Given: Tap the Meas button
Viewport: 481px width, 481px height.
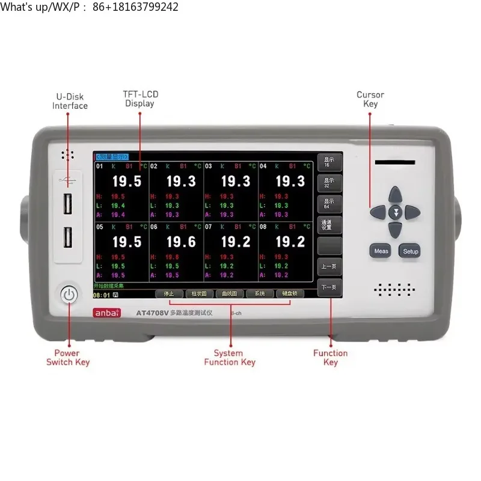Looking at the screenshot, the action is [x=381, y=251].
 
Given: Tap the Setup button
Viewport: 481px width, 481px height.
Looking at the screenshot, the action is [x=410, y=251].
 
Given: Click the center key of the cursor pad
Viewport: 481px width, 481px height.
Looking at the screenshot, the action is [x=395, y=212].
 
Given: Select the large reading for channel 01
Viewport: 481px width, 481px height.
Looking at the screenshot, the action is [x=126, y=182].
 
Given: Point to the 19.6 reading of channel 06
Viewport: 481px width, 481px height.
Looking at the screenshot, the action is [x=181, y=242].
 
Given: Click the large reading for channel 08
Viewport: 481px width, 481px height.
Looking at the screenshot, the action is [x=290, y=242].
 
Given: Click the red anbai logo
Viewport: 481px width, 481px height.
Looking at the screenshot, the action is [x=106, y=313].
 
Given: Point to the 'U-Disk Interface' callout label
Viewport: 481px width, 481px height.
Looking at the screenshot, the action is [x=70, y=101].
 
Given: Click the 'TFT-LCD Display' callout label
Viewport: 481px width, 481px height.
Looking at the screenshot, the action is [x=140, y=99].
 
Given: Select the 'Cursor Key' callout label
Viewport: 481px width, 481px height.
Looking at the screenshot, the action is [x=370, y=99].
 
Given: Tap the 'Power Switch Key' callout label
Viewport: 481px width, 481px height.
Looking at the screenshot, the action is [x=67, y=357].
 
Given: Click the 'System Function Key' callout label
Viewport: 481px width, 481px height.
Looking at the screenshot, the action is [x=230, y=357].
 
